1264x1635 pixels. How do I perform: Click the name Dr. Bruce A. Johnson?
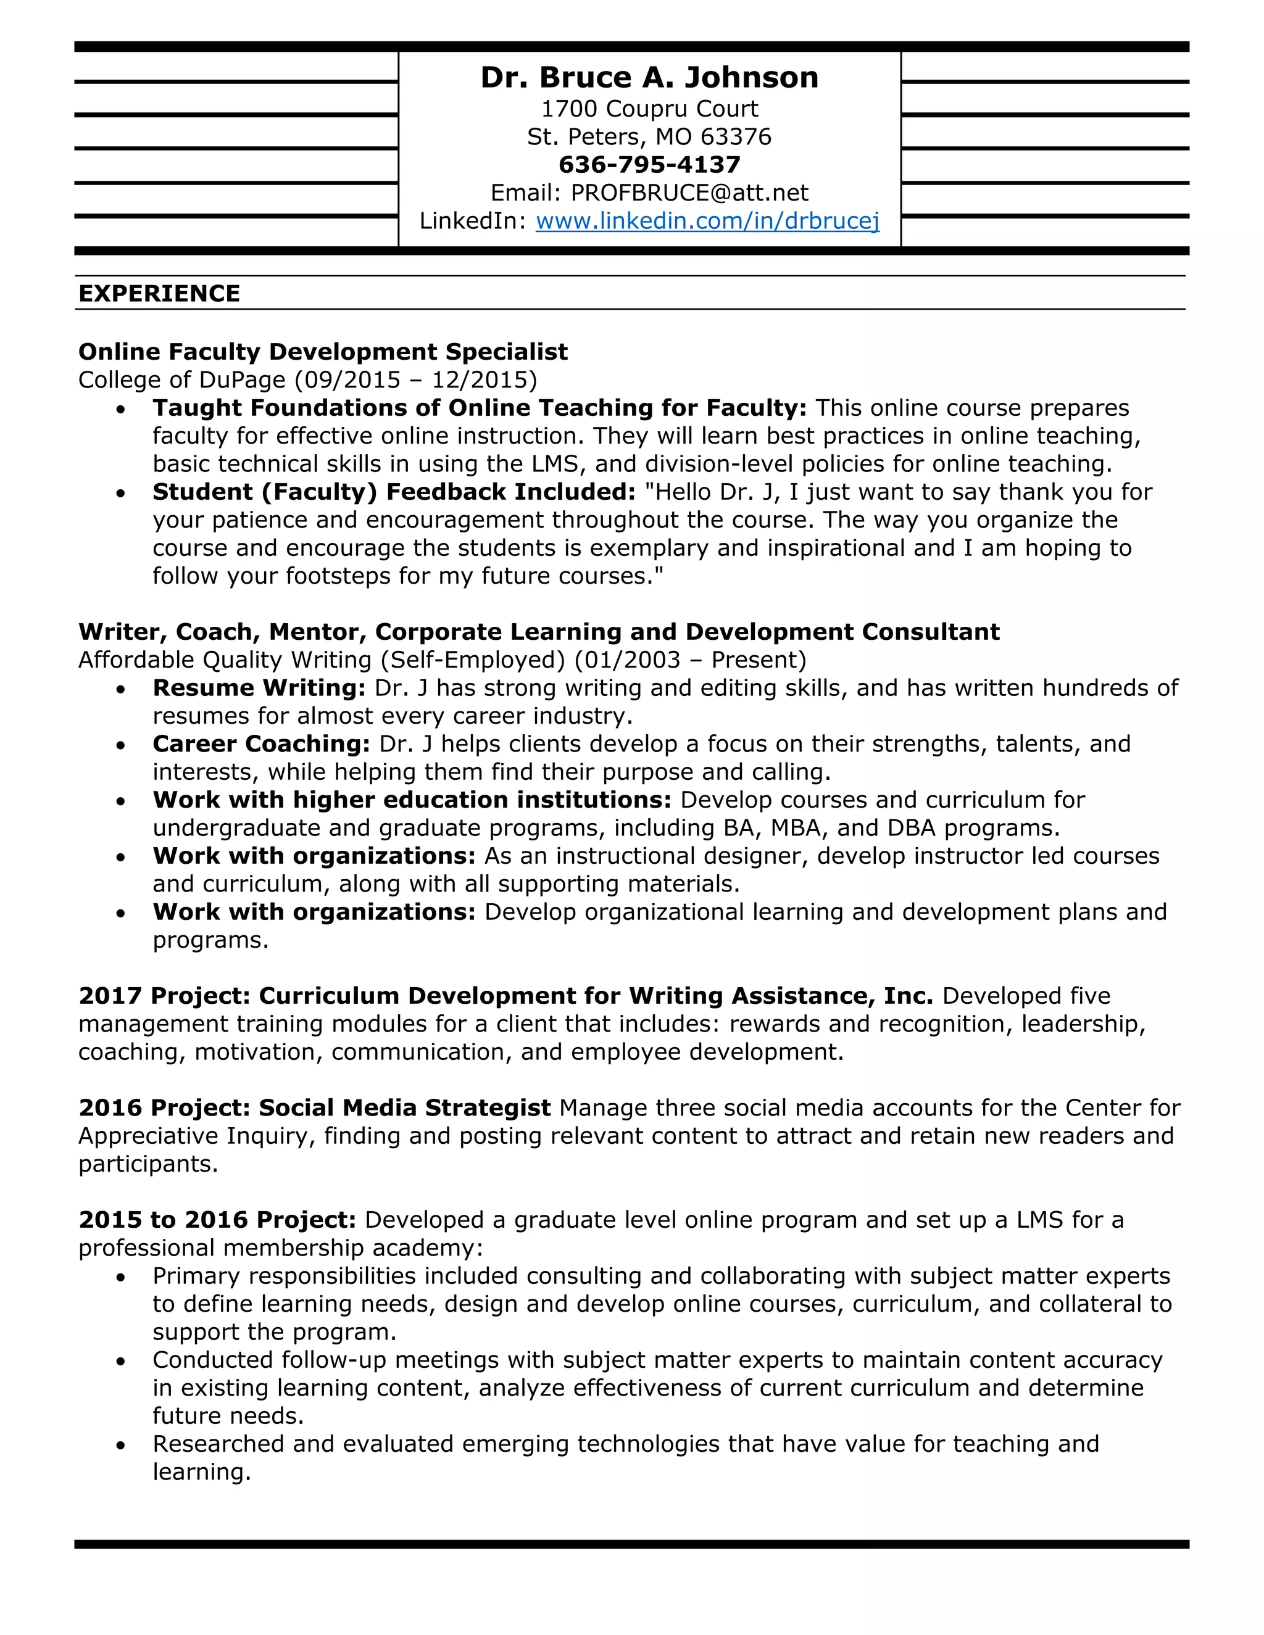click(x=649, y=78)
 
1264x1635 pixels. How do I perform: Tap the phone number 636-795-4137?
click(x=649, y=165)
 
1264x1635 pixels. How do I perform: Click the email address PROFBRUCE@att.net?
click(x=689, y=193)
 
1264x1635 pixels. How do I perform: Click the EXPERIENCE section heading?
click(x=159, y=294)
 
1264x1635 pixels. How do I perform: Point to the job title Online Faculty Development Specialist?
click(x=323, y=352)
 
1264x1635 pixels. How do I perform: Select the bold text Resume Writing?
click(x=259, y=688)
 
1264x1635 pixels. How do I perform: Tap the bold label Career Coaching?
click(x=261, y=744)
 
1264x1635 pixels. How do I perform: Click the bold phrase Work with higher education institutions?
click(x=412, y=800)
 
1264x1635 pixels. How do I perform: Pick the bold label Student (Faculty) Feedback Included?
click(x=394, y=492)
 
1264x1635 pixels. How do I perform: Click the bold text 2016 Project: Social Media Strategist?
click(x=315, y=1108)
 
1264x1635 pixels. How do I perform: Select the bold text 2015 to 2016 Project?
click(x=217, y=1220)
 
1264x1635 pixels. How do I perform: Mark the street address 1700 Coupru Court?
click(x=649, y=109)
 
